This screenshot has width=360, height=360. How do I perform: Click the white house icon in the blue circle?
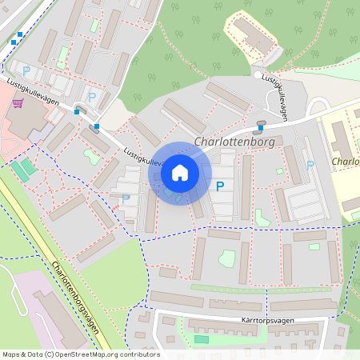180,172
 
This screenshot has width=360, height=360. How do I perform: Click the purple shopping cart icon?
17,103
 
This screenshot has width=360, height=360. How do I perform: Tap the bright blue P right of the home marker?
220,186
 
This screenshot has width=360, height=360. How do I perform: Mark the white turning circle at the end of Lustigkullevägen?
258,75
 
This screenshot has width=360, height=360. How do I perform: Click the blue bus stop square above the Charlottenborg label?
260,127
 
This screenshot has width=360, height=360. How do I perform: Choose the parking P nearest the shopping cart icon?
26,70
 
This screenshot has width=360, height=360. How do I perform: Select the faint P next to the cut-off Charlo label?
310,165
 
